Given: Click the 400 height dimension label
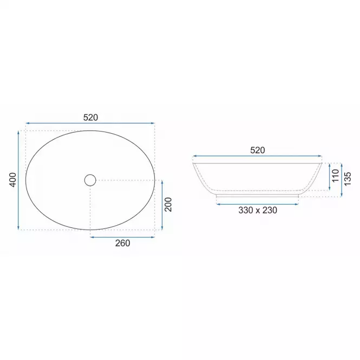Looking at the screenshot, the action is pyautogui.click(x=14, y=180).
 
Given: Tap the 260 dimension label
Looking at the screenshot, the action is pyautogui.click(x=122, y=243).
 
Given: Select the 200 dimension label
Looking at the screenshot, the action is pyautogui.click(x=168, y=205).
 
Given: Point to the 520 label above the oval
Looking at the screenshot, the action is pyautogui.click(x=90, y=117).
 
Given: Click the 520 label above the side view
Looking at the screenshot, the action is pyautogui.click(x=257, y=150).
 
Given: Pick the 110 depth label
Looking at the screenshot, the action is pyautogui.click(x=336, y=175).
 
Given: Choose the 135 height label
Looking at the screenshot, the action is pyautogui.click(x=348, y=179).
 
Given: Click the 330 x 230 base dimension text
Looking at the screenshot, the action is pyautogui.click(x=258, y=210).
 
